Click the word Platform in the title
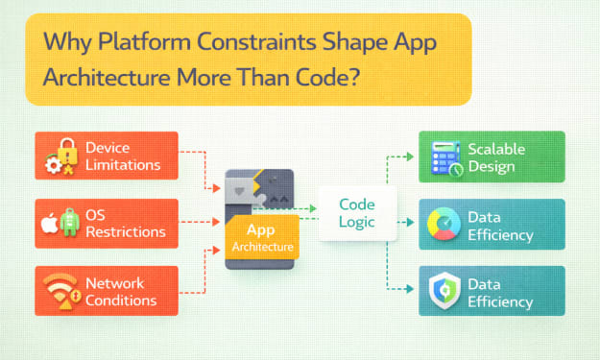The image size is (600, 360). click(x=144, y=41)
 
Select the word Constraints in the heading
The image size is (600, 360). click(x=256, y=41)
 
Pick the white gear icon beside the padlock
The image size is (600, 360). click(x=53, y=165)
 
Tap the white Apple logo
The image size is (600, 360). click(x=49, y=223)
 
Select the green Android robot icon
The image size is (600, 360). click(x=70, y=223)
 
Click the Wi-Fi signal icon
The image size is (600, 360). click(x=61, y=291)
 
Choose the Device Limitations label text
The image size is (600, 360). click(x=123, y=156)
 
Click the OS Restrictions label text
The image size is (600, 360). click(x=125, y=224)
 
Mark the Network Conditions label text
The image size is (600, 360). click(x=121, y=292)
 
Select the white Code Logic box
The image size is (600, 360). click(x=357, y=213)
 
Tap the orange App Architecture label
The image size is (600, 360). click(x=262, y=237)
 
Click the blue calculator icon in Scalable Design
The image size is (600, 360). click(x=445, y=158)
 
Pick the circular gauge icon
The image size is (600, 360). click(x=444, y=224)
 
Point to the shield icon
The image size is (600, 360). click(x=444, y=290)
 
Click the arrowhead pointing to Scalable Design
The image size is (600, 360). click(x=410, y=156)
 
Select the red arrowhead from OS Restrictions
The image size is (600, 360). click(x=216, y=222)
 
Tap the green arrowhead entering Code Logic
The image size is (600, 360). click(x=313, y=208)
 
